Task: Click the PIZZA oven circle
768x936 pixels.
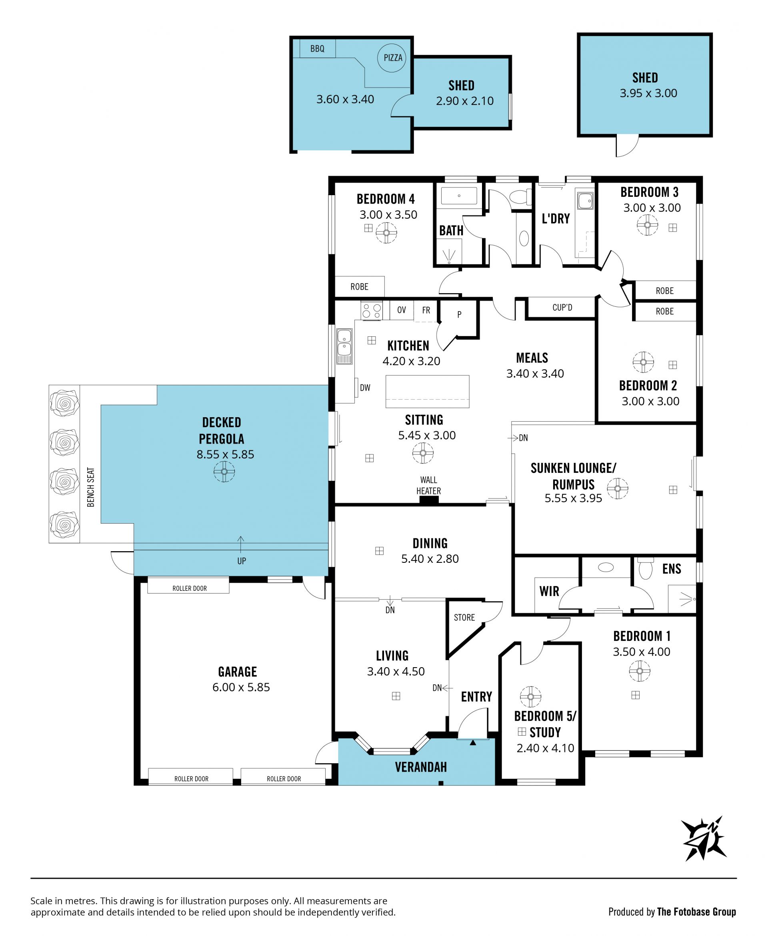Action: click(392, 58)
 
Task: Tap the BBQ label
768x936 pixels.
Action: click(317, 49)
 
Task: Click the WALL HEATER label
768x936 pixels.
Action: click(428, 485)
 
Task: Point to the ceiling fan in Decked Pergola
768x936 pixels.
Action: click(224, 472)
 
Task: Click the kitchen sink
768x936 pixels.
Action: click(344, 346)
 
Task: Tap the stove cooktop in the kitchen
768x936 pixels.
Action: click(372, 310)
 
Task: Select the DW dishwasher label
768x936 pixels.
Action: click(365, 388)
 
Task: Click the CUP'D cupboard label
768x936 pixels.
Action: click(562, 308)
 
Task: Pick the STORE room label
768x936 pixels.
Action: click(464, 618)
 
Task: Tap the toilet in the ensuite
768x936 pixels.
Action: click(646, 568)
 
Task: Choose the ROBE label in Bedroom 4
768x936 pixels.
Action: click(359, 287)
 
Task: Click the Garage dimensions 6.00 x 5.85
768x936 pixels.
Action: click(241, 687)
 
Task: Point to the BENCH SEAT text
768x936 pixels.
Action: click(91, 487)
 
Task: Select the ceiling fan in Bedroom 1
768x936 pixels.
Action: click(640, 671)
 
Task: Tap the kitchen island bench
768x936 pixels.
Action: click(427, 392)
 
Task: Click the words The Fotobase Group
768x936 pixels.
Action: click(696, 912)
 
